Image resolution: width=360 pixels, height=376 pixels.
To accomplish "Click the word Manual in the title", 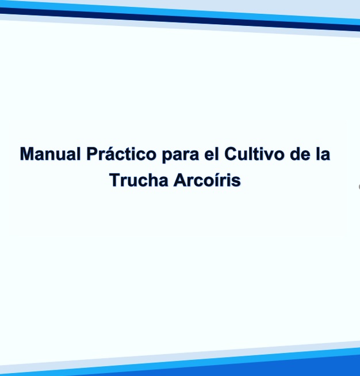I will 50,155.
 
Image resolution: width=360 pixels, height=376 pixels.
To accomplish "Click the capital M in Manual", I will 27,155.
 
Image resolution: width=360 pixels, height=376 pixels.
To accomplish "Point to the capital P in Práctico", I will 91,155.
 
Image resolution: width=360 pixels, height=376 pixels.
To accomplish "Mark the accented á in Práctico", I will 109,155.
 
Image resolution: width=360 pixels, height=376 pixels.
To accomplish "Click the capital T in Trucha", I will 114,180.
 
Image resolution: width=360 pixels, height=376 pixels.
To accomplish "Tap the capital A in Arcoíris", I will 179,180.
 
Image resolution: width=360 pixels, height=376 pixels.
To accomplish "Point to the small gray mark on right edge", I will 358,187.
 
